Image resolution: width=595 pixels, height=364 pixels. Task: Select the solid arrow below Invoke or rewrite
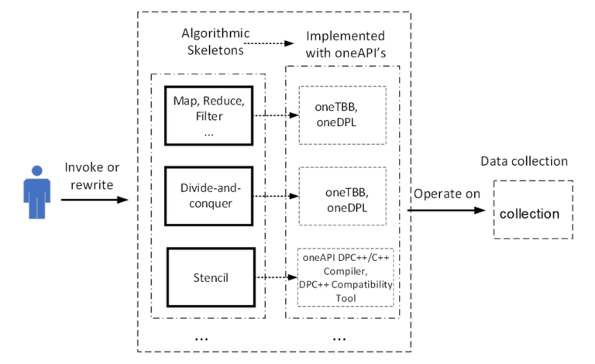pyautogui.click(x=94, y=200)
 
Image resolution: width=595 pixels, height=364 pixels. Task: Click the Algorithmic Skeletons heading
pyautogui.click(x=212, y=43)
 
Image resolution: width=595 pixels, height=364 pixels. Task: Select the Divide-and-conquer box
pyautogui.click(x=209, y=197)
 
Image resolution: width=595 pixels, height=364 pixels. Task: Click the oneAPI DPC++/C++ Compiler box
pyautogui.click(x=346, y=276)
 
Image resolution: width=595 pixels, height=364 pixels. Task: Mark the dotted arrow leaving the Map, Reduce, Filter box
pyautogui.click(x=277, y=116)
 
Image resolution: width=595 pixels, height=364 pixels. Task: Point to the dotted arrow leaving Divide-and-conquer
pyautogui.click(x=277, y=197)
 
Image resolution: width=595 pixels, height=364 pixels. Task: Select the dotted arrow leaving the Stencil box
pyautogui.click(x=277, y=276)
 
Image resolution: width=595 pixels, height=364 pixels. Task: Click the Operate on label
pyautogui.click(x=447, y=194)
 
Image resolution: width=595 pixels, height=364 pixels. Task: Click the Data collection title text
pyautogui.click(x=524, y=161)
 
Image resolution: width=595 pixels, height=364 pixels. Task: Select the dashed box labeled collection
pyautogui.click(x=532, y=211)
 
